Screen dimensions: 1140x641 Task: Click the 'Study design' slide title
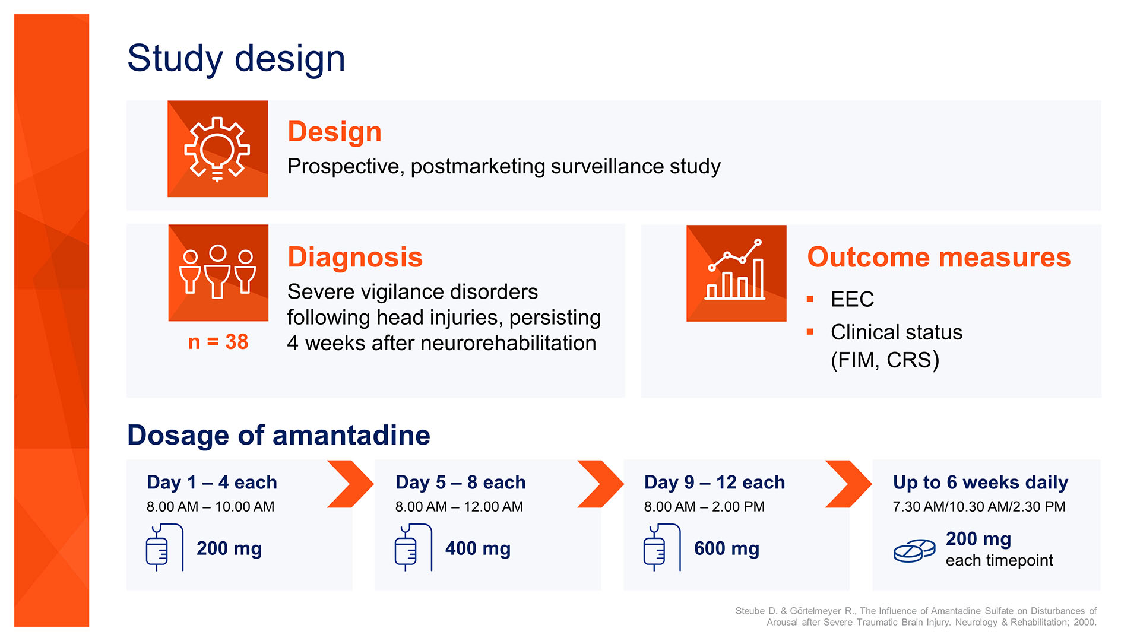[x=236, y=59]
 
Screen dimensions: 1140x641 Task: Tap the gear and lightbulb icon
[x=217, y=148]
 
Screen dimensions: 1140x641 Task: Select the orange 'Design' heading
[x=334, y=132]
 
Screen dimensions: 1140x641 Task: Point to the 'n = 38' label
[x=218, y=342]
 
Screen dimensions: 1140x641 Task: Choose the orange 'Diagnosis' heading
[x=355, y=258]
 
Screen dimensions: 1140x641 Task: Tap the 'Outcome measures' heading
[x=939, y=258]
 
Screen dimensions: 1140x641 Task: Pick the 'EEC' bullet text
[x=852, y=299]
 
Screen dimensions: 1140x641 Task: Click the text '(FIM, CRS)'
[x=885, y=360]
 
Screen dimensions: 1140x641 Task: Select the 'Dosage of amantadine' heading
[x=278, y=435]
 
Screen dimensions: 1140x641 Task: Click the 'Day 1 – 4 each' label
[x=212, y=483]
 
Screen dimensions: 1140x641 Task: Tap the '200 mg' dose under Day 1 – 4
[x=229, y=548]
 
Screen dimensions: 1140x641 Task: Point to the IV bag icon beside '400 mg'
[x=413, y=547]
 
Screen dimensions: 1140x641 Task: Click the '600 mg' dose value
[x=727, y=548]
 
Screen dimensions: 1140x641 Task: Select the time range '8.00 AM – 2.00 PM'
[x=704, y=507]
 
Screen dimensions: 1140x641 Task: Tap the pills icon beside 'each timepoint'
[x=914, y=551]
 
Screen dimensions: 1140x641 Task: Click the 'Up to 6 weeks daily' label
[x=980, y=483]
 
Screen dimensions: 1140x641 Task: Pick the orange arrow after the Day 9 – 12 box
[x=848, y=484]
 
